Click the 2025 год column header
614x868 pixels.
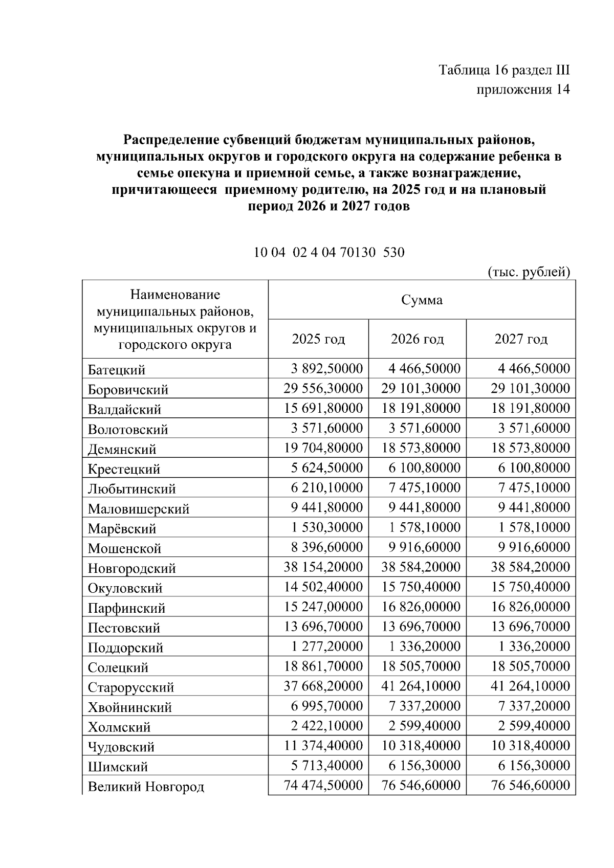(318, 339)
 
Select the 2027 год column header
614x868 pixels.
(521, 339)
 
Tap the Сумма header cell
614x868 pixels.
(422, 300)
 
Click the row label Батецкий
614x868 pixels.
(117, 370)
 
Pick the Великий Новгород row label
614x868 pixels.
(146, 787)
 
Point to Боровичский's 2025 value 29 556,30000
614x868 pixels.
(323, 389)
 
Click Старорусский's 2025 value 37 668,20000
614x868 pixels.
(323, 686)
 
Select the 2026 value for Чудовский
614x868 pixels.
(421, 746)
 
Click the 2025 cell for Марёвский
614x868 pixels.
(327, 527)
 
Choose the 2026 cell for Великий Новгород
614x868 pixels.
(421, 785)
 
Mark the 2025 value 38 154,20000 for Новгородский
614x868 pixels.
(323, 567)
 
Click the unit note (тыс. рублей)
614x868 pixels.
(529, 272)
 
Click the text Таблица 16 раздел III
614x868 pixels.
(504, 70)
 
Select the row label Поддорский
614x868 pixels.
(125, 648)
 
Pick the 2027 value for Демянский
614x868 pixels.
(531, 448)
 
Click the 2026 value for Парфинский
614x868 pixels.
(421, 607)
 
